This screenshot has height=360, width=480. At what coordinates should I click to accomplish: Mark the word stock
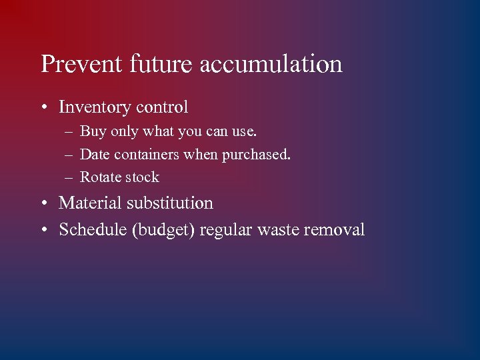[141, 177]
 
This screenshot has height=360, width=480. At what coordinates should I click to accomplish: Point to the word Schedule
[93, 230]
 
